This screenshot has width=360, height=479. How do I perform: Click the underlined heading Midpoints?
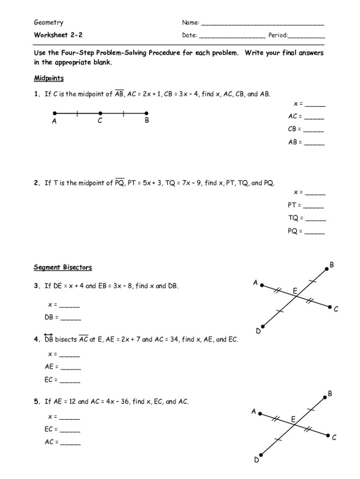point(49,78)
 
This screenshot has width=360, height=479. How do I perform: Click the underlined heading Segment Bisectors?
point(63,268)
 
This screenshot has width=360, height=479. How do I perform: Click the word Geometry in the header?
point(48,22)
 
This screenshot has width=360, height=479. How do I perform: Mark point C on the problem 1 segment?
point(101,113)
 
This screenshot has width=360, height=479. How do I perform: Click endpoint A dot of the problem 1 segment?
point(55,113)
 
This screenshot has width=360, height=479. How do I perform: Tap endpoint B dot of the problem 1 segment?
point(146,113)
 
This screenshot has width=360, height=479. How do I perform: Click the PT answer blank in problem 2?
point(313,207)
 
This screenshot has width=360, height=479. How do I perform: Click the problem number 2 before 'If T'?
point(36,183)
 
